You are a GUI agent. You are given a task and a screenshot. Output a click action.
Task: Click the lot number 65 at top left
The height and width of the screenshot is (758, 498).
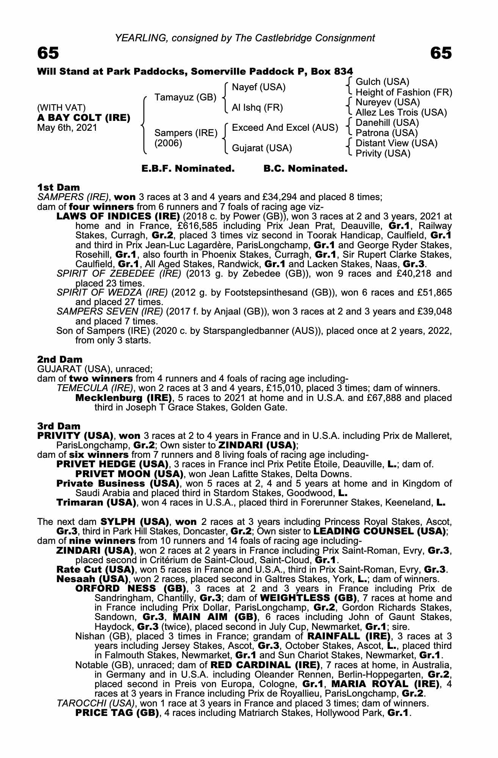click(48, 53)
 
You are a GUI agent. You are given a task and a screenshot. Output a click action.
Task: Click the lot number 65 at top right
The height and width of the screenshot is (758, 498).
click(441, 53)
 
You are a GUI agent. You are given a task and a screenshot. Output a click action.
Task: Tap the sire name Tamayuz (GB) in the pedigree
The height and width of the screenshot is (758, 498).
click(185, 97)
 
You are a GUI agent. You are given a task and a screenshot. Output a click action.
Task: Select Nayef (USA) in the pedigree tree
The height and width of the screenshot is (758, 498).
click(258, 87)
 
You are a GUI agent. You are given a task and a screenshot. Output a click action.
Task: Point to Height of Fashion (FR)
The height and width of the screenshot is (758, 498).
click(404, 92)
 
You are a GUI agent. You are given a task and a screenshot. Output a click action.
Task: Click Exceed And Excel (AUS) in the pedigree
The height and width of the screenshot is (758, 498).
click(285, 128)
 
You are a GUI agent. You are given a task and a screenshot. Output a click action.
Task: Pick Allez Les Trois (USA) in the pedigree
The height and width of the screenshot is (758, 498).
click(401, 113)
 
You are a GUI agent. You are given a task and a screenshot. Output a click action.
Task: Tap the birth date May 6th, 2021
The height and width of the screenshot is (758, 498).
click(67, 128)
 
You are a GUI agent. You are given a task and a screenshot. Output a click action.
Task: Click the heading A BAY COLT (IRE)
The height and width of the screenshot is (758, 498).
click(84, 118)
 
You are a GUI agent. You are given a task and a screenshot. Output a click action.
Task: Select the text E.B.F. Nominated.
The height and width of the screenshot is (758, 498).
click(188, 169)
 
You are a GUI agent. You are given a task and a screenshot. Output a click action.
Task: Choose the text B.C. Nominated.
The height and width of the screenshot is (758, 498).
click(305, 169)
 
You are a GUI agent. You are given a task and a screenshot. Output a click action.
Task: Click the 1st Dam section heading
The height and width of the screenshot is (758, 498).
click(59, 187)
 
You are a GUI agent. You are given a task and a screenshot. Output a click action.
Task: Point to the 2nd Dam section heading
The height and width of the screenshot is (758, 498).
click(60, 359)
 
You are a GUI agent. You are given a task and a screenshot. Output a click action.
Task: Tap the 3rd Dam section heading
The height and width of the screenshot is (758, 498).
click(59, 426)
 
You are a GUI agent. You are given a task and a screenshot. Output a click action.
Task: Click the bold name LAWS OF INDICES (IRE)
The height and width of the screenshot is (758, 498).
click(118, 216)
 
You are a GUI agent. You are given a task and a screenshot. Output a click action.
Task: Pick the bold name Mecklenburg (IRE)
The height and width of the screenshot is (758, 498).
click(124, 398)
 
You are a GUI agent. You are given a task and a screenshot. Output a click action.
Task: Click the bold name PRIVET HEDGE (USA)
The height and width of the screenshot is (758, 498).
click(112, 464)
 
